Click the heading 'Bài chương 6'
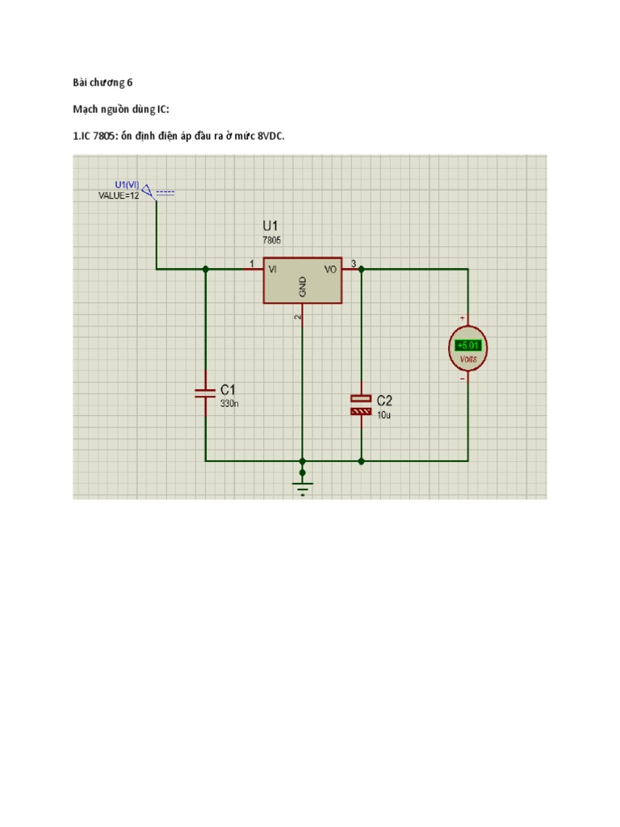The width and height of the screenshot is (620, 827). tap(103, 82)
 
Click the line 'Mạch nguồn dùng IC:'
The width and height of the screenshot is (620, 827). tap(121, 109)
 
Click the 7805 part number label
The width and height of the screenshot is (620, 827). tap(271, 240)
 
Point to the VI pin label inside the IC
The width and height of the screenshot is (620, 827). tap(273, 270)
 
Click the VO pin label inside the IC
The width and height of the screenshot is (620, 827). tap(330, 270)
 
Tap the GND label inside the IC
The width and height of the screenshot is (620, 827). tap(303, 286)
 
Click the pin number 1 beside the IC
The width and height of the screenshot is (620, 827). tap(252, 263)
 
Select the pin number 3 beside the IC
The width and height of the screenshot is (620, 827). tap(354, 263)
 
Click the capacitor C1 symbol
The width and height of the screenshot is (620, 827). tap(205, 393)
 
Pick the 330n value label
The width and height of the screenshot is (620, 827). tap(229, 404)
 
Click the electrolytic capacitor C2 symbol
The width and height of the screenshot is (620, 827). tap(361, 405)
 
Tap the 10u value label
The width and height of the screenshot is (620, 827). tap(383, 415)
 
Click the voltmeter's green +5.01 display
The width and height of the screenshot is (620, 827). tap(468, 345)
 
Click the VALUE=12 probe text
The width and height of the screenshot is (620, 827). tap(119, 195)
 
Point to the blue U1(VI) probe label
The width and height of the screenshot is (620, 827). tap(127, 185)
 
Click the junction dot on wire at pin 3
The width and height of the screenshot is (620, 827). tap(361, 269)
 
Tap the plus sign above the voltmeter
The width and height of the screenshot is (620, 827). tap(463, 317)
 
